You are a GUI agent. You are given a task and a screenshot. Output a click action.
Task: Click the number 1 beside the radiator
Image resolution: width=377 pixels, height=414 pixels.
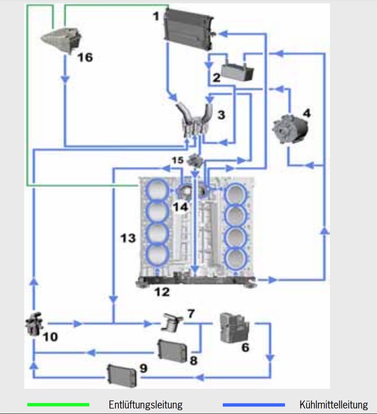[x=156, y=16]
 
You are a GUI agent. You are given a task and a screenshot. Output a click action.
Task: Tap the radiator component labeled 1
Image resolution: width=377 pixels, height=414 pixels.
[x=189, y=29]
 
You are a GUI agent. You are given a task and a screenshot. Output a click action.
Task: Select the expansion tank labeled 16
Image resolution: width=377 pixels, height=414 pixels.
[x=62, y=40]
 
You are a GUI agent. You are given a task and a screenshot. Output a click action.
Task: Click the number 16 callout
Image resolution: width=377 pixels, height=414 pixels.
[x=85, y=58]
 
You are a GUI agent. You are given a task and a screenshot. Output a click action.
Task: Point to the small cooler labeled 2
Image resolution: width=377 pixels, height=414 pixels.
[x=237, y=71]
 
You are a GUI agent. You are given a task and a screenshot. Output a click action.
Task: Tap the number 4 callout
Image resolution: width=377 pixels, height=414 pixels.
[x=307, y=113]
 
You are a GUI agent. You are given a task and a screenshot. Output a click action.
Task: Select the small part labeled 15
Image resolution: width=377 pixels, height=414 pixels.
[x=194, y=160]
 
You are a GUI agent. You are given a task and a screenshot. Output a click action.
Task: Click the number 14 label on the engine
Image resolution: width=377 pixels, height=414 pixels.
[x=181, y=207]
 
